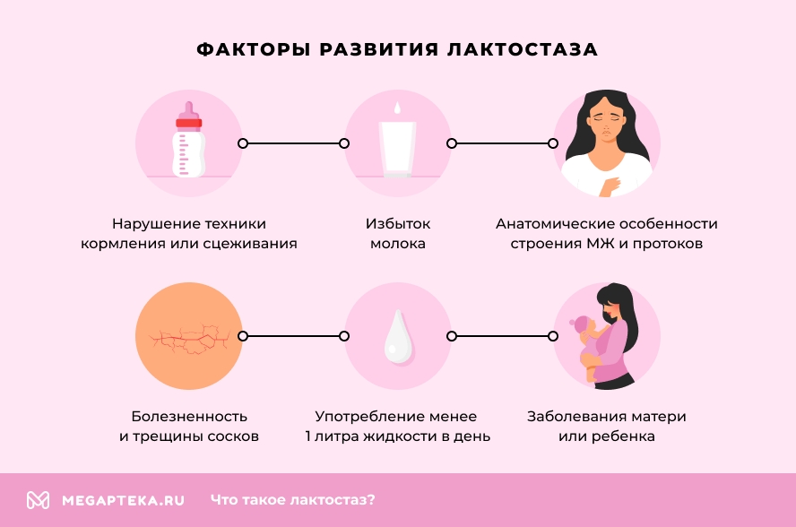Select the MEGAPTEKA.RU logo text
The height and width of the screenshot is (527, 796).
123,500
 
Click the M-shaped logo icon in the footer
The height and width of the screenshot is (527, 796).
38,500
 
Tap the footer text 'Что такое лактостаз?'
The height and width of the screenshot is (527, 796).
293,500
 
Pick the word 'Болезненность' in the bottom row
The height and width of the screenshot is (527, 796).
189,417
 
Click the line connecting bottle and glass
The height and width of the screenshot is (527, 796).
293,143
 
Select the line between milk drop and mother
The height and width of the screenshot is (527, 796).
502,336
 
